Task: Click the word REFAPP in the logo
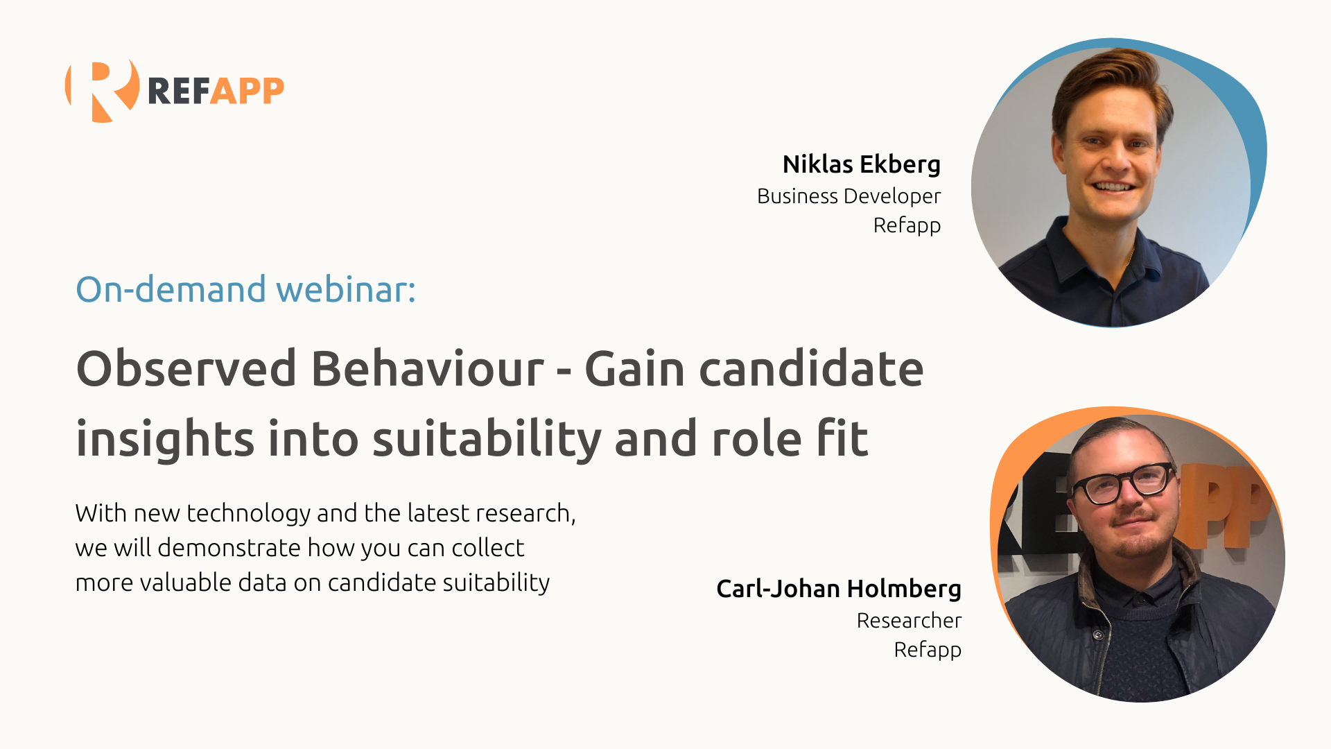[x=216, y=91]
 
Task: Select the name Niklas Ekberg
[x=861, y=164]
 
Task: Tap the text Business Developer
[x=849, y=197]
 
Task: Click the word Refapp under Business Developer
[x=907, y=226]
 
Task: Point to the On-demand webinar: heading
[x=245, y=290]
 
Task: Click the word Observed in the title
[x=186, y=368]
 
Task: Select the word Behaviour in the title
[x=427, y=368]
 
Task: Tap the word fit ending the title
[x=842, y=438]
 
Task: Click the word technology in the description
[x=248, y=514]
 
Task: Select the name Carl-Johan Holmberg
[x=839, y=589]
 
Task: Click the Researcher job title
[x=909, y=621]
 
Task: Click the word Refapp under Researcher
[x=928, y=651]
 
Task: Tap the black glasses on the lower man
[x=1123, y=483]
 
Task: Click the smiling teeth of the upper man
[x=1112, y=187]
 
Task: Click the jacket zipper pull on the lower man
[x=1097, y=635]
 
